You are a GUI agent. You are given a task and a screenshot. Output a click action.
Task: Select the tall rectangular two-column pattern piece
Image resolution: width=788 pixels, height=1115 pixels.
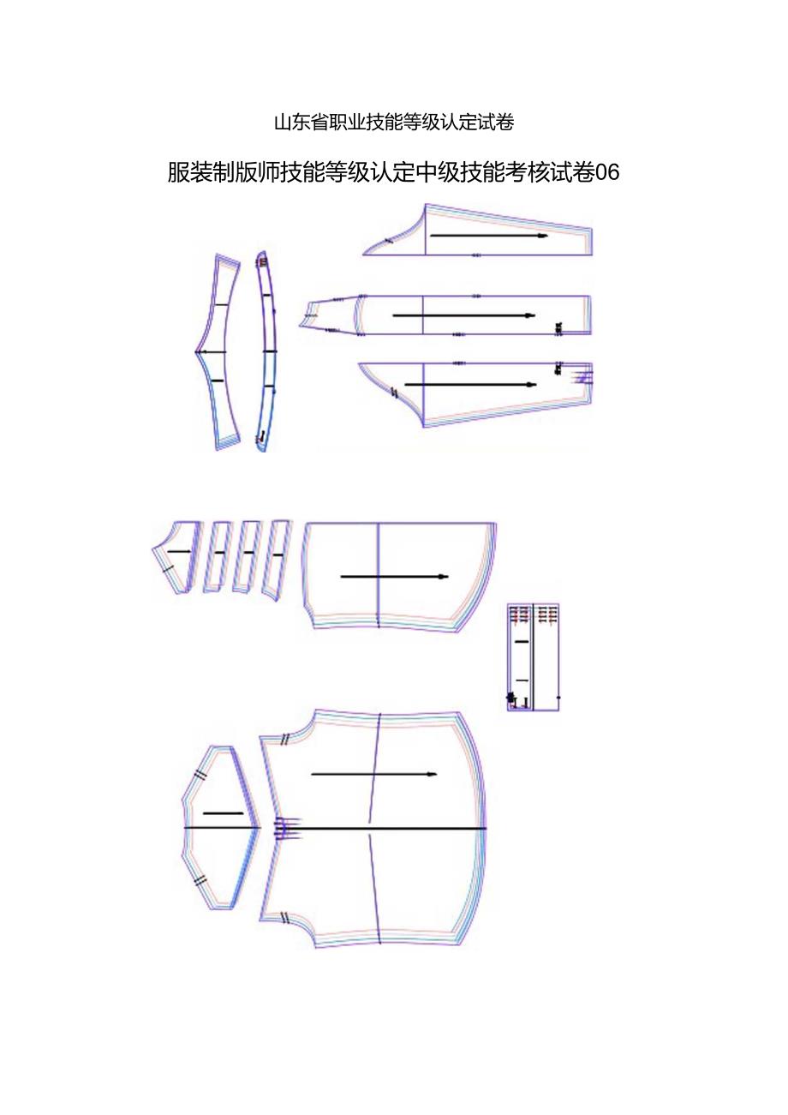533,657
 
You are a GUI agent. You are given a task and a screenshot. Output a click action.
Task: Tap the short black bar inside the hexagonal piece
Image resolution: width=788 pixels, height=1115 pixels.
223,812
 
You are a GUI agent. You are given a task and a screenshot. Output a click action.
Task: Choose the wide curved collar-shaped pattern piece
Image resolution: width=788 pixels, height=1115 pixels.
218,351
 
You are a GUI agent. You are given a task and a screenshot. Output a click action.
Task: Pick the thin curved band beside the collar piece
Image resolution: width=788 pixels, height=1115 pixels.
267,351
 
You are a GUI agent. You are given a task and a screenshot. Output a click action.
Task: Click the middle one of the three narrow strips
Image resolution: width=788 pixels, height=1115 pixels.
248,555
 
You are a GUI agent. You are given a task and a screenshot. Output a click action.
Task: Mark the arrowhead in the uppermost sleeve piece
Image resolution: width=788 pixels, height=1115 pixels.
541,235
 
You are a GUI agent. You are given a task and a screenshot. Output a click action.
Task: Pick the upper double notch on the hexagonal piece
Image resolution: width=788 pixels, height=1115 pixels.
200,775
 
